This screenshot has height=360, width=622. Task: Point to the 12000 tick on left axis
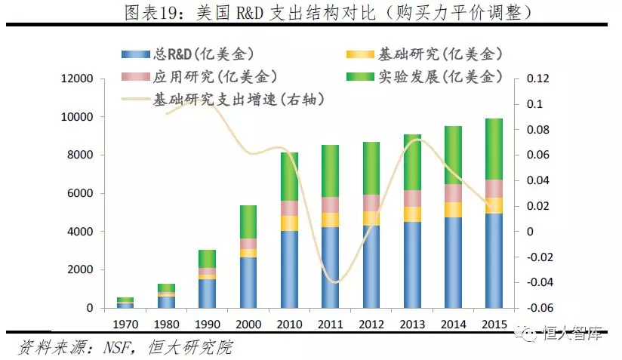77,78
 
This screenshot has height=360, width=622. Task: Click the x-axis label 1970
125,325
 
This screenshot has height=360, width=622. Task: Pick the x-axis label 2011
330,325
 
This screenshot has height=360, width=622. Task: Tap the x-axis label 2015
494,325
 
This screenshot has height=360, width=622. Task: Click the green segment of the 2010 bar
289,177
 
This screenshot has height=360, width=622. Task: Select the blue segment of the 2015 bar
494,261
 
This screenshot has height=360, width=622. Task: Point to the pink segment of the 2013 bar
412,198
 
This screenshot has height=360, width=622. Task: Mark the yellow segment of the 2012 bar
371,218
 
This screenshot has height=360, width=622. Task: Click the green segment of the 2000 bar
248,222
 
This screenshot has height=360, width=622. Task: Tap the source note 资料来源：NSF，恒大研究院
125,348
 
